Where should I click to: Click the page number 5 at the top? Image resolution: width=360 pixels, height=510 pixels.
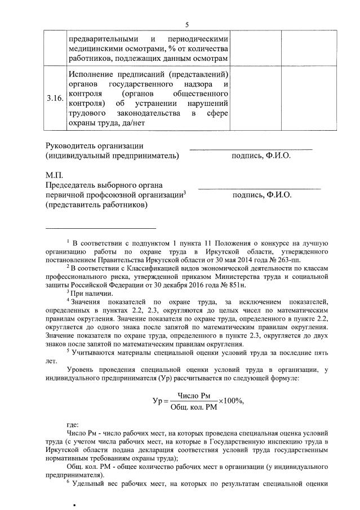[187, 24]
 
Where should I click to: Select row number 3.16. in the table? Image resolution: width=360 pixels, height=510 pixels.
[55, 98]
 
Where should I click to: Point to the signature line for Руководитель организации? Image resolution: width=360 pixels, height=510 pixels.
[251, 148]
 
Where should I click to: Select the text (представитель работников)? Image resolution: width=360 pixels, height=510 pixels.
[97, 205]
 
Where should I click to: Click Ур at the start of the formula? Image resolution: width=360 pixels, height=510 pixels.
[157, 401]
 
